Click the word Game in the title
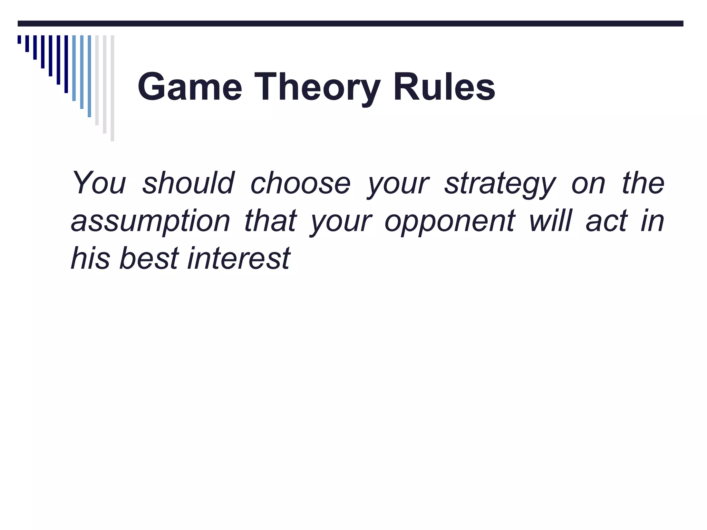190,87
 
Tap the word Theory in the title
317,87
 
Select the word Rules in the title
444,87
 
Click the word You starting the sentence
99,183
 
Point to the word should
188,183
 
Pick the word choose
300,183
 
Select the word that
270,221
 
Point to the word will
551,221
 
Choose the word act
607,221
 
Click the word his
90,258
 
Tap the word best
149,258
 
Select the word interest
239,258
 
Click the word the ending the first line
643,183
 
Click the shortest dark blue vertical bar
19,39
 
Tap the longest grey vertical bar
113,88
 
